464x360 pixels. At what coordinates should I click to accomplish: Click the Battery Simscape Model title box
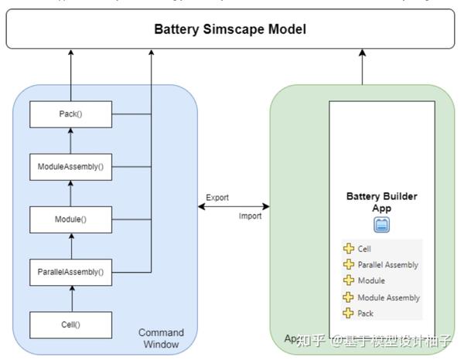[230, 29]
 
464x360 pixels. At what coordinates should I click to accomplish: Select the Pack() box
[70, 115]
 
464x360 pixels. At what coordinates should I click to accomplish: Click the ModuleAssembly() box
[70, 166]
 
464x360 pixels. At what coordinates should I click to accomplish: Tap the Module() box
[70, 219]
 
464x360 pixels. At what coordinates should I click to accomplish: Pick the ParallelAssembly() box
[70, 271]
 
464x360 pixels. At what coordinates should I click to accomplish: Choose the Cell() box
[70, 324]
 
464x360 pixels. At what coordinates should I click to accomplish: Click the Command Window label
[161, 338]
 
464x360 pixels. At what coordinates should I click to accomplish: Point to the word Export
[217, 198]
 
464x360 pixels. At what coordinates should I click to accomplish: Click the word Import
[250, 216]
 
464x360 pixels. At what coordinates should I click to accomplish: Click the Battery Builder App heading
[381, 202]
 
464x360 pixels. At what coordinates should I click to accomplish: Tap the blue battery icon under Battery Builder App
[382, 225]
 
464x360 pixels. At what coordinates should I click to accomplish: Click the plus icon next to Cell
[349, 250]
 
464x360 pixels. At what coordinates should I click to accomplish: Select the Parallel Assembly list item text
[387, 265]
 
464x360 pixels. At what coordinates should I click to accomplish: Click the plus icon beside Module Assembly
[349, 297]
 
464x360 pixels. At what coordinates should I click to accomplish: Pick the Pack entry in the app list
[365, 314]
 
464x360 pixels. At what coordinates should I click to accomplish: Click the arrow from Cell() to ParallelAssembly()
[70, 297]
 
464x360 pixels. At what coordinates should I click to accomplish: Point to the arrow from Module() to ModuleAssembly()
[70, 193]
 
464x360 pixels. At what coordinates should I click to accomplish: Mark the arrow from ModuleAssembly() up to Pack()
[70, 141]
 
